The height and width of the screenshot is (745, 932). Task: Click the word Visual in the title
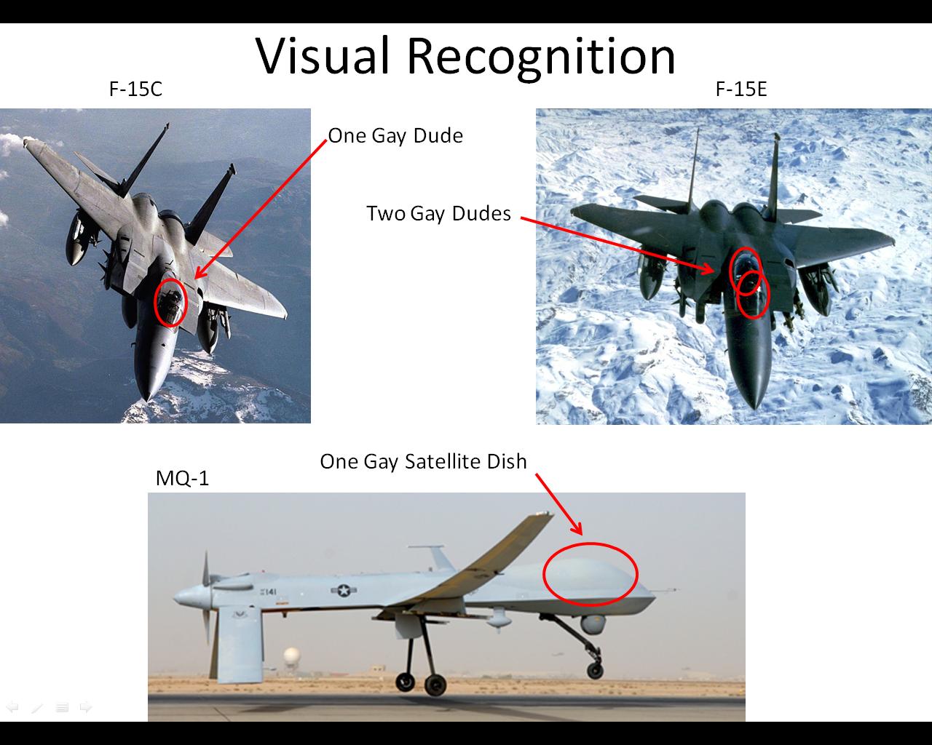322,56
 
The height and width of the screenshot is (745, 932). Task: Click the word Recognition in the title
541,57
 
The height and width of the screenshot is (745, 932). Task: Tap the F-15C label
135,89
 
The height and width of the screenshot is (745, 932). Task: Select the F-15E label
741,89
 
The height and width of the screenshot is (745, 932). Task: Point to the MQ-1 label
182,478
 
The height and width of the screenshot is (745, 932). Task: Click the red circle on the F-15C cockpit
155,303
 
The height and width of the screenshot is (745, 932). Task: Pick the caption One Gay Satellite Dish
423,462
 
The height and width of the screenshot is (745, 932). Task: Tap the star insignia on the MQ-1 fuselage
344,590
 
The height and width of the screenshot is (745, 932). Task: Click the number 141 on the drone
269,591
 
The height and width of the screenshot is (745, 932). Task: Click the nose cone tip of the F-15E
755,408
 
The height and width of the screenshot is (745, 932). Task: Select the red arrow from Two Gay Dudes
617,245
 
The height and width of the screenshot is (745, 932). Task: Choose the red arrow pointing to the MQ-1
558,504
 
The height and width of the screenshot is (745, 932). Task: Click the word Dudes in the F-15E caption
481,214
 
